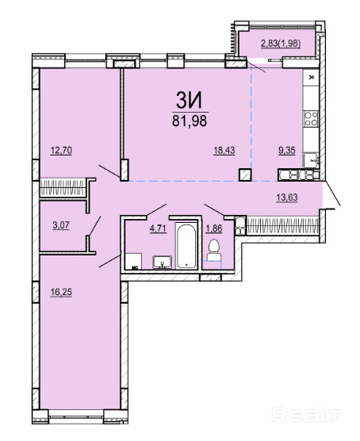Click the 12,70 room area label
point(61,151)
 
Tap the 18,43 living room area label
point(224,151)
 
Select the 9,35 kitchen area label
point(287,151)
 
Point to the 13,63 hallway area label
point(287,197)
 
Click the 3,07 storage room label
point(61,225)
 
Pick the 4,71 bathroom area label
point(158,228)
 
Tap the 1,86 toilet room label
point(214,228)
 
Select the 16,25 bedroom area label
point(61,292)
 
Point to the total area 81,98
point(190,121)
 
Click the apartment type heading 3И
point(189,101)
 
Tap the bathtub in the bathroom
point(186,244)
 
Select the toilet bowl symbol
point(214,251)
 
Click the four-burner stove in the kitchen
point(311,118)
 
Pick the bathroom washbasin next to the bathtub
point(163,262)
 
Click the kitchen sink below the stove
point(311,160)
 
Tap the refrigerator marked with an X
point(311,77)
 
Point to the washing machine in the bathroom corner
point(133,261)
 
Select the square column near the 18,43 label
point(245,174)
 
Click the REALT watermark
point(307,415)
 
